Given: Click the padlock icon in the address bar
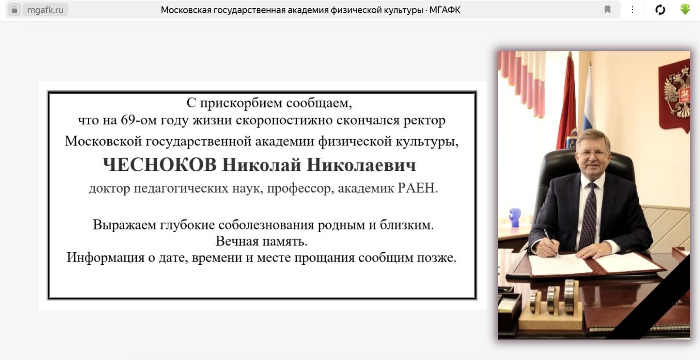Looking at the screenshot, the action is pyautogui.click(x=14, y=10).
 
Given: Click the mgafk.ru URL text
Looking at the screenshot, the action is pyautogui.click(x=45, y=10).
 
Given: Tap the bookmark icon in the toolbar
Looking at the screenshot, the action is pyautogui.click(x=608, y=10).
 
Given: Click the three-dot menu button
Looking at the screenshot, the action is pyautogui.click(x=632, y=10).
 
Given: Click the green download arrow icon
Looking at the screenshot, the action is pyautogui.click(x=685, y=9).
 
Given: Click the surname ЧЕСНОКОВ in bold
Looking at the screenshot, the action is pyautogui.click(x=160, y=165).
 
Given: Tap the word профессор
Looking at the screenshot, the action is pyautogui.click(x=299, y=189).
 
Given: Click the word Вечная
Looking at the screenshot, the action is pyautogui.click(x=237, y=241).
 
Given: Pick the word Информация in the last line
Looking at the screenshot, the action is pyautogui.click(x=105, y=258).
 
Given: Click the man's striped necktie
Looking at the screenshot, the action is pyautogui.click(x=588, y=216).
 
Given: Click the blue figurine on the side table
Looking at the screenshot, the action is pyautogui.click(x=515, y=217).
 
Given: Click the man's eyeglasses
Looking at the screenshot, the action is pyautogui.click(x=593, y=154).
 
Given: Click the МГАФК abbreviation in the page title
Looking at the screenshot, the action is pyautogui.click(x=445, y=10).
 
